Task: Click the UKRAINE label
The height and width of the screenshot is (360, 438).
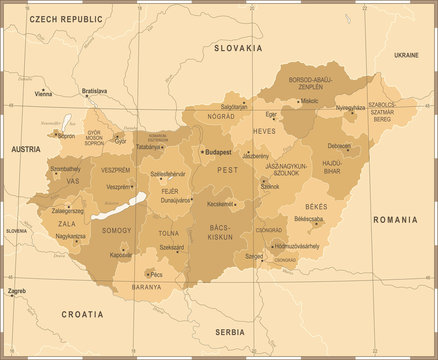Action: tap(406, 54)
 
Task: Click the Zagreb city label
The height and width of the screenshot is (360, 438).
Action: tap(17, 291)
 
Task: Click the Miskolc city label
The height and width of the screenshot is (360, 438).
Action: tap(309, 101)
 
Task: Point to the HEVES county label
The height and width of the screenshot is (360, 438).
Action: tap(264, 131)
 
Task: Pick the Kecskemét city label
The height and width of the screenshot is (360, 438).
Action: tap(219, 203)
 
